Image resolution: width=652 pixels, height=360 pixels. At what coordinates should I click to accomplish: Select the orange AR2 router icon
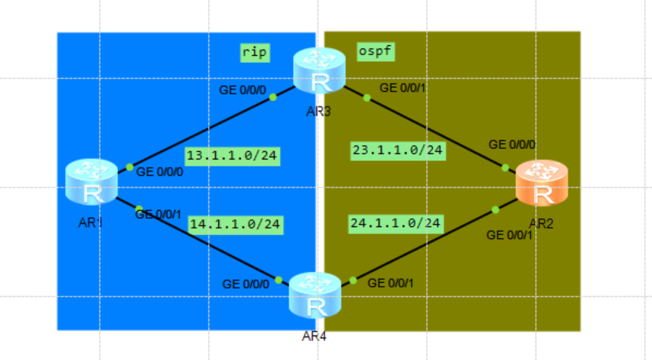542,183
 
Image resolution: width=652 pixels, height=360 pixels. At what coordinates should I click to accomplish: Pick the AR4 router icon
315,295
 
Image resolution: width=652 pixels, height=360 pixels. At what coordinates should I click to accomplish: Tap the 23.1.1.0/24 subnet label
398,151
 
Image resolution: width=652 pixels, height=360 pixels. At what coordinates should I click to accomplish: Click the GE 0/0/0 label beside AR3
244,91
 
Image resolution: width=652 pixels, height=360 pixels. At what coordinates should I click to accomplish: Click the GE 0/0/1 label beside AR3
404,88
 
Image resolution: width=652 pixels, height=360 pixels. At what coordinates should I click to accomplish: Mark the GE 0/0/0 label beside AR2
512,145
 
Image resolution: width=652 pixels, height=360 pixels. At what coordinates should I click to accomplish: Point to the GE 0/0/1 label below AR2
510,235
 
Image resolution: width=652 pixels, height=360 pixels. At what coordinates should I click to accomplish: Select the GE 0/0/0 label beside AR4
246,284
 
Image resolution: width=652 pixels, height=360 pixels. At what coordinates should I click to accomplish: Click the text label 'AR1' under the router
91,223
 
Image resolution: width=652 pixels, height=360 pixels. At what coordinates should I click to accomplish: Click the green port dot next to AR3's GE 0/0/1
366,97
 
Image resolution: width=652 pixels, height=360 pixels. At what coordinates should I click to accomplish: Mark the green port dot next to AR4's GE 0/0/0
278,280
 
